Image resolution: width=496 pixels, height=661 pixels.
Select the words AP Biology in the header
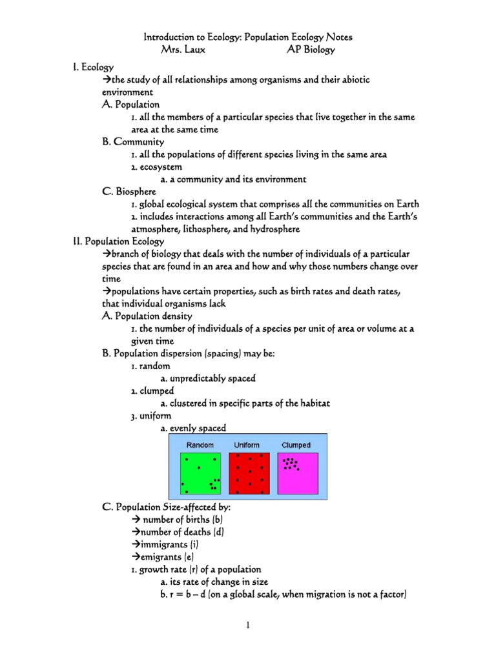click(311, 50)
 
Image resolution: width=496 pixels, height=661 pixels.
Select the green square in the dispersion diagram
click(200, 474)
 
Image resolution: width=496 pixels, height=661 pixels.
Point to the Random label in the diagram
click(200, 445)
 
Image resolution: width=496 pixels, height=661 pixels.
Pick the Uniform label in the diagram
click(247, 445)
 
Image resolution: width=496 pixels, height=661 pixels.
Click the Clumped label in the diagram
click(296, 445)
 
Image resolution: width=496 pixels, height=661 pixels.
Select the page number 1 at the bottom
click(248, 625)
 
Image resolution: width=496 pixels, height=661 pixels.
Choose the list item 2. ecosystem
click(155, 167)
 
